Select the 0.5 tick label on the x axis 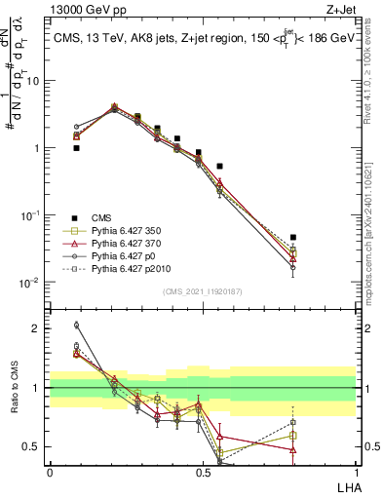pyautogui.click(x=203, y=472)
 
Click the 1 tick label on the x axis pyautogui.click(x=356, y=472)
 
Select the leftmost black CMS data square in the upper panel pyautogui.click(x=76, y=148)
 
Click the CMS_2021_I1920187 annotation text pyautogui.click(x=202, y=291)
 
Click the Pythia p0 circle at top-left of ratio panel pyautogui.click(x=76, y=326)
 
